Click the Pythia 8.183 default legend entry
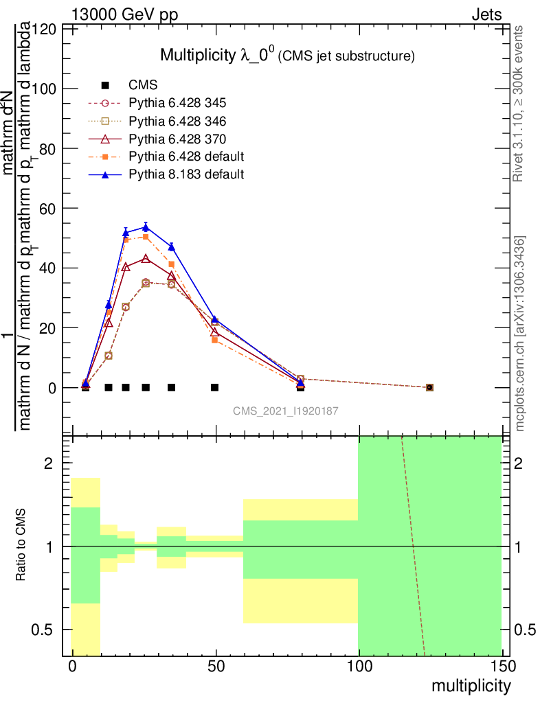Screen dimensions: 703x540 [x=186, y=174]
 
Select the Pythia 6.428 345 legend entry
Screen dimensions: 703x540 [x=177, y=103]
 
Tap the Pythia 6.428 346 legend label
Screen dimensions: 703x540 [x=177, y=121]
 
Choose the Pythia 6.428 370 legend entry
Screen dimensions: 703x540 [x=177, y=139]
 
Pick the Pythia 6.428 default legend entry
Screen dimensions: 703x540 [x=186, y=157]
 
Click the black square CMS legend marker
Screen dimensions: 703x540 [x=105, y=85]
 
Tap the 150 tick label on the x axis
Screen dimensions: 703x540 [x=501, y=667]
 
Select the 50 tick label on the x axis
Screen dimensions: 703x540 [x=216, y=667]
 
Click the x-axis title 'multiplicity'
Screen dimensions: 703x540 [x=471, y=686]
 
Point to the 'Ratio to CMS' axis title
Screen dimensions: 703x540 [x=21, y=546]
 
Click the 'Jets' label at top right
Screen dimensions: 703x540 [x=486, y=14]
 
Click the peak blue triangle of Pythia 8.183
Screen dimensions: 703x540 [x=146, y=227]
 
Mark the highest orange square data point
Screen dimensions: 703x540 [x=146, y=237]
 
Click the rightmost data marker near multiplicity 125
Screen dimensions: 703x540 [x=429, y=387]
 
